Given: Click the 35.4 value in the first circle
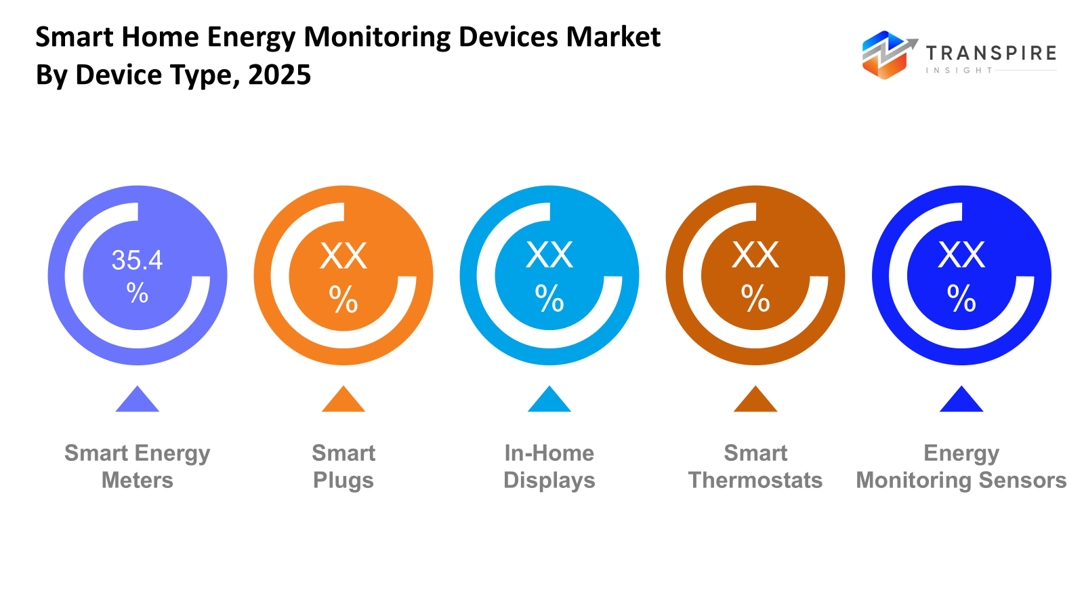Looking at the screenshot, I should tap(137, 260).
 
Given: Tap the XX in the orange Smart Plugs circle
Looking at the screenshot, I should tap(343, 256).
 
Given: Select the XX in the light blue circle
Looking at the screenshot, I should tap(549, 256).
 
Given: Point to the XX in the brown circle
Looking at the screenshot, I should tap(755, 256).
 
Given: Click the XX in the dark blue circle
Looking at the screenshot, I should tap(961, 256).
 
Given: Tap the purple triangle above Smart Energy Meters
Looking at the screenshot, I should tap(138, 401).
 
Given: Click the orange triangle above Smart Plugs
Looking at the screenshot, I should tap(343, 401).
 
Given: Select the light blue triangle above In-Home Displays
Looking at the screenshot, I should tap(549, 401).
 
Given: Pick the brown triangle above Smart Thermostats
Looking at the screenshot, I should tap(755, 401).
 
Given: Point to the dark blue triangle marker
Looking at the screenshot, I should tap(961, 401).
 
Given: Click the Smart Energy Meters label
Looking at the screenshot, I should tap(138, 466).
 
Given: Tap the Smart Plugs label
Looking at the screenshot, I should tap(343, 466).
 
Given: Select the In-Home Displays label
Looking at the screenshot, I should tap(549, 466).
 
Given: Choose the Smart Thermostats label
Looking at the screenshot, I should tap(755, 466).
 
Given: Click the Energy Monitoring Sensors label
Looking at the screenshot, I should tap(961, 466).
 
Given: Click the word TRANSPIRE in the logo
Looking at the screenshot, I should tap(991, 53).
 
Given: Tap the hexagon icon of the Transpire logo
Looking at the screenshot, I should tap(884, 56).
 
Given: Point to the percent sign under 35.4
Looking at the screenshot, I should tap(137, 293).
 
